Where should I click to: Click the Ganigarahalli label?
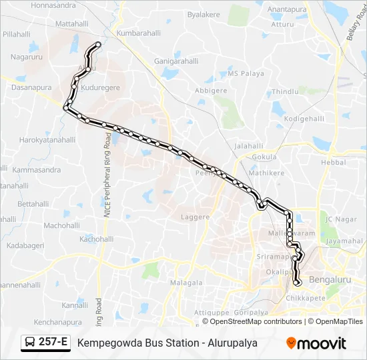177,60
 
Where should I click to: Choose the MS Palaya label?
246,73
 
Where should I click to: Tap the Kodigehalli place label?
304,118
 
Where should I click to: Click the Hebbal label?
334,162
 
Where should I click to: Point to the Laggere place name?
196,217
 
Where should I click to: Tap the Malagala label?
186,283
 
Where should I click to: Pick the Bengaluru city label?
330,279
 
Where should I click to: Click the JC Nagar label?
337,219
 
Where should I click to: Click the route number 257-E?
53,343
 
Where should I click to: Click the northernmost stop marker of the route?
99,45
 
